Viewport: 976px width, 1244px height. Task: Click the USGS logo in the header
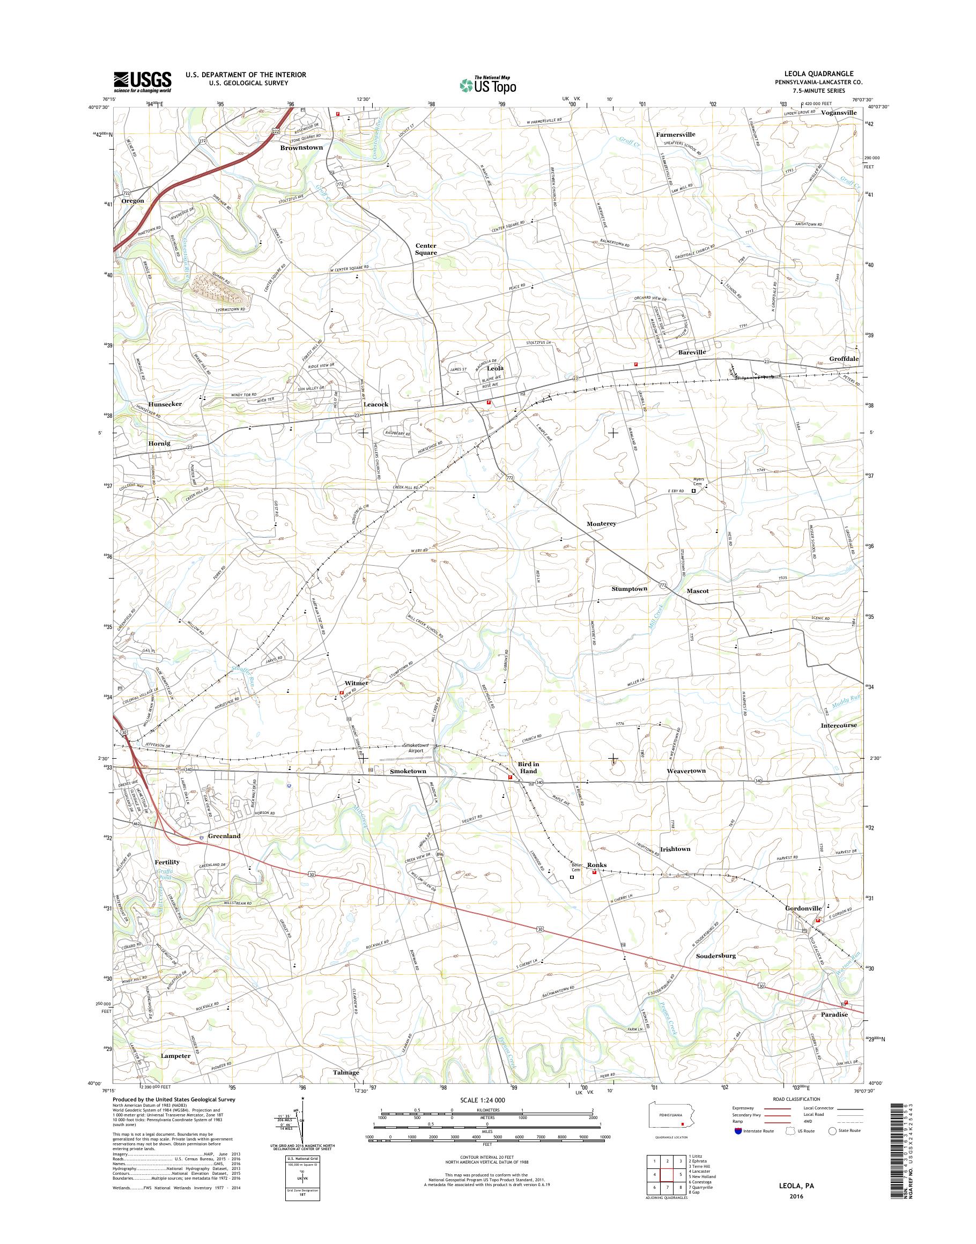(142, 81)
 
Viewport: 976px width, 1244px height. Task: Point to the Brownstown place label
(301, 147)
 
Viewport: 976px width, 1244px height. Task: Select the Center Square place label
(426, 249)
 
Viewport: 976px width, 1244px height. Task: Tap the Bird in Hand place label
(528, 767)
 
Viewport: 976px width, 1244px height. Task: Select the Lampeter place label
(175, 1055)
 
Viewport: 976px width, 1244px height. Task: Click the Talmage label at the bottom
(346, 1072)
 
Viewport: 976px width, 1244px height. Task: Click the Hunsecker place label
(165, 404)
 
